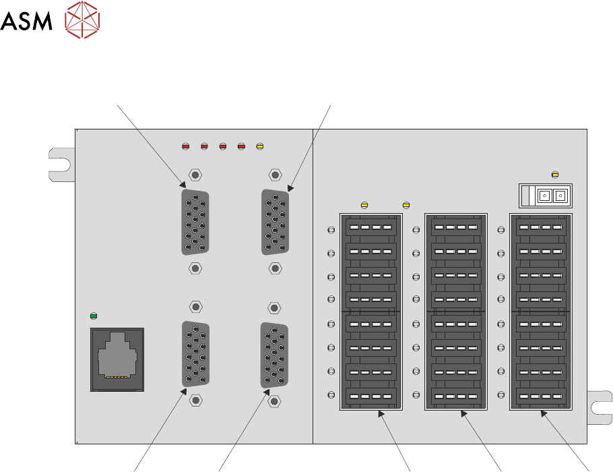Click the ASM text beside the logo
tap(26, 22)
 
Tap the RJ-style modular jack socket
tap(117, 359)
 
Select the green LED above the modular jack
tap(94, 315)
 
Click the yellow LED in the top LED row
tap(260, 146)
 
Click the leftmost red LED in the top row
tap(187, 146)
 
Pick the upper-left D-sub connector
tap(195, 223)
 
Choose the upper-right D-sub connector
tap(275, 223)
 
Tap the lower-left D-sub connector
tap(195, 354)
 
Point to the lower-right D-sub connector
tap(275, 355)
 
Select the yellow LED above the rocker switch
tap(555, 175)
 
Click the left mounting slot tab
tap(60, 163)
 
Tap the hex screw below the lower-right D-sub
tap(275, 401)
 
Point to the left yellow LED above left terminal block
tap(364, 205)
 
